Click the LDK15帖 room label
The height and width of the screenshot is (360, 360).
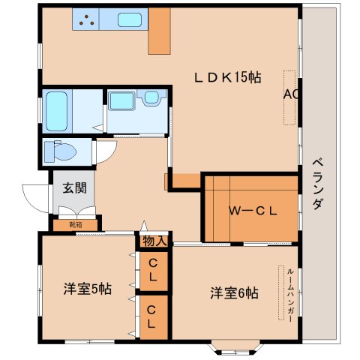pyautogui.click(x=228, y=76)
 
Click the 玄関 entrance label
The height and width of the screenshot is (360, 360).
pyautogui.click(x=73, y=187)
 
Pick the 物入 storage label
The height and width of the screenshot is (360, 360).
pyautogui.click(x=154, y=241)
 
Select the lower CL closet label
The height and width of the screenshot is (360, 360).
pyautogui.click(x=152, y=316)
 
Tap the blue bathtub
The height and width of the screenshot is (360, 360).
pyautogui.click(x=56, y=110)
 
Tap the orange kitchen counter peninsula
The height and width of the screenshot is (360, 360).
pyautogui.click(x=160, y=33)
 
